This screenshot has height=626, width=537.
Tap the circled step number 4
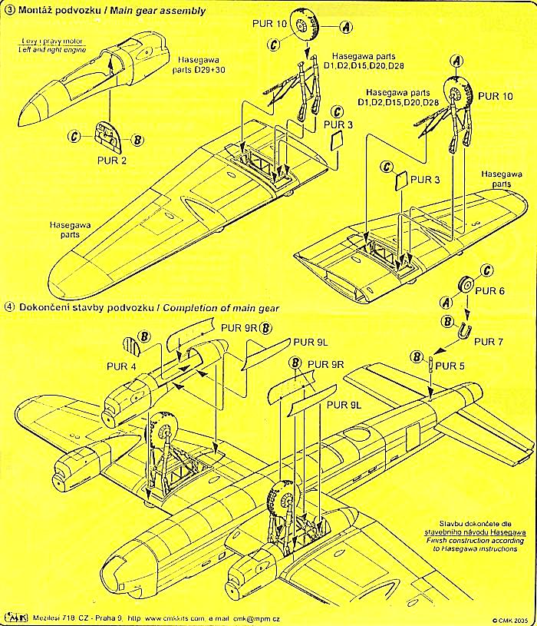click(x=8, y=308)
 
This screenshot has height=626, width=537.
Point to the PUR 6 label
click(x=491, y=292)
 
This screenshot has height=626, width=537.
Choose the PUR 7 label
click(x=489, y=340)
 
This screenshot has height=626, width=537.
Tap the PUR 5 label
click(x=450, y=366)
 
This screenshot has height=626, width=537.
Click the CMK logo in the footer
click(x=13, y=615)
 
